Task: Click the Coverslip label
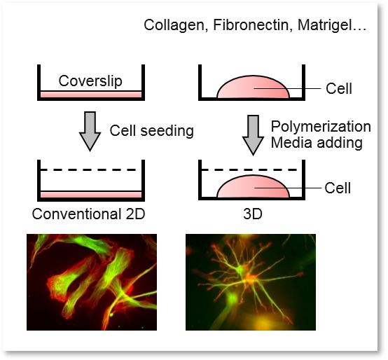[x=90, y=81]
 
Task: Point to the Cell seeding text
[x=152, y=131]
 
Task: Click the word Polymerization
[x=321, y=127]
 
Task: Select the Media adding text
[x=317, y=143]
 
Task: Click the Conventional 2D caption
[x=88, y=214]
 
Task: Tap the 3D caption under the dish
[x=253, y=214]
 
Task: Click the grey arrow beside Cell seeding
[x=90, y=132]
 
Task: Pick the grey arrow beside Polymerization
[x=253, y=135]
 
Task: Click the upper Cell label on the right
[x=339, y=88]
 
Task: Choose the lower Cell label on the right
[x=338, y=188]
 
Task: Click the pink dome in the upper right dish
[x=253, y=87]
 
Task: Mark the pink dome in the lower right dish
[x=253, y=186]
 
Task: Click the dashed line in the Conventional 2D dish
[x=88, y=170]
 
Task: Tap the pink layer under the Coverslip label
[x=91, y=95]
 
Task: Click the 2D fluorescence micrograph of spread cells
[x=92, y=282]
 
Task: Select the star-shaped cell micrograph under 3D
[x=251, y=282]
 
